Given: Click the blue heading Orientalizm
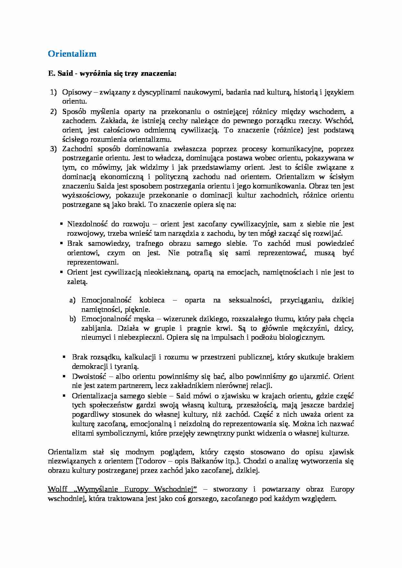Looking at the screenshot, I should pos(72,54).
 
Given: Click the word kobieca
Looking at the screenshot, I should pos(151,300).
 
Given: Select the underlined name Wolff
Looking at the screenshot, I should pos(57,489).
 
